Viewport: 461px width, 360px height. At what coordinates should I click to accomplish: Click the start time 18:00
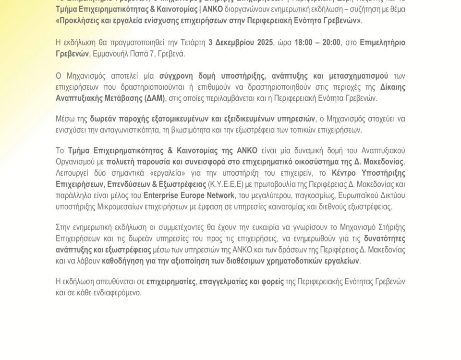point(304,42)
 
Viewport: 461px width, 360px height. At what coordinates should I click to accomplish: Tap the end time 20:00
point(331,42)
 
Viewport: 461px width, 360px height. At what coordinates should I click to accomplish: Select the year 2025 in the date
point(263,42)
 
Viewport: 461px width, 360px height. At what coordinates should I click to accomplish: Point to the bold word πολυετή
point(120,162)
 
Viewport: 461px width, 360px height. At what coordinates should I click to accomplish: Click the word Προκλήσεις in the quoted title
point(80,21)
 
